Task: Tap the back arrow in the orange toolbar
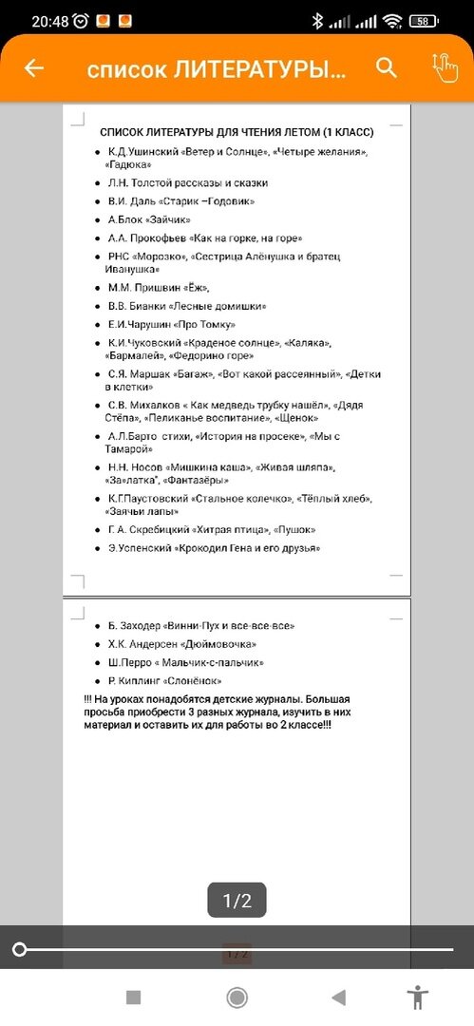[x=34, y=68]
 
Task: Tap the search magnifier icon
[x=386, y=67]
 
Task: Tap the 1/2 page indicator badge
[x=237, y=901]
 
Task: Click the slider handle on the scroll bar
[x=19, y=949]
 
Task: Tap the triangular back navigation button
[x=338, y=997]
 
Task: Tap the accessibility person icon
[x=417, y=997]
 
